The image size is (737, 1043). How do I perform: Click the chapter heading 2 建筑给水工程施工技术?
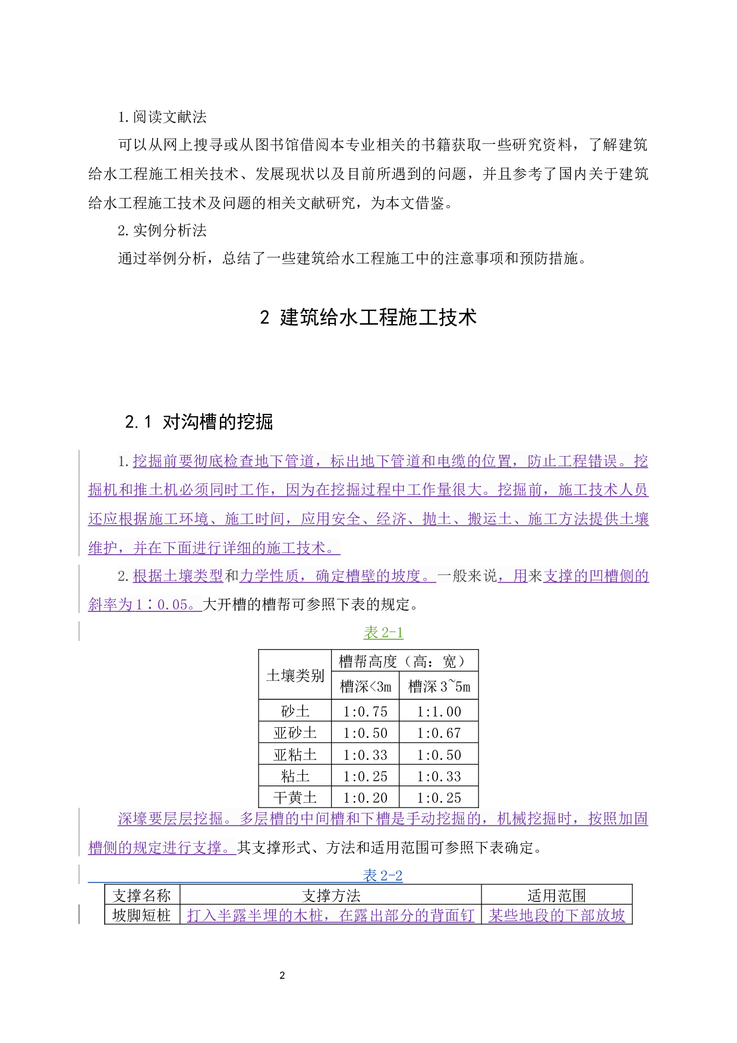(368, 318)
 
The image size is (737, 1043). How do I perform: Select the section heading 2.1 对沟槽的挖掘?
(199, 422)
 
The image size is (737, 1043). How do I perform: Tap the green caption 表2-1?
(383, 632)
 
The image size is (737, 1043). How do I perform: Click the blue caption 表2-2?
(383, 875)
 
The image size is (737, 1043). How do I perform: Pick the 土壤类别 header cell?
(295, 675)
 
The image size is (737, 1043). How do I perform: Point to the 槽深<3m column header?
(365, 687)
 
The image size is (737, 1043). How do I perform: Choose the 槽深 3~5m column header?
(439, 687)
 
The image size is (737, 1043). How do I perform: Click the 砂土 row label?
(295, 711)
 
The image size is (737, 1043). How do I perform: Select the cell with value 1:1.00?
(439, 711)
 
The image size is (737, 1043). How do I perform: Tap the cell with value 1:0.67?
(439, 733)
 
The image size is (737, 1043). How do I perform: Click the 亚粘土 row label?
(295, 755)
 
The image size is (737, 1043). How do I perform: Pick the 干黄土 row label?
(295, 797)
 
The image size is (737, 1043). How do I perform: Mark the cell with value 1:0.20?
(365, 797)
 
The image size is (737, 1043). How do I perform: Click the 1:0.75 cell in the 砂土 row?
(365, 711)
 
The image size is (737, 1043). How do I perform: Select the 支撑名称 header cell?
(142, 896)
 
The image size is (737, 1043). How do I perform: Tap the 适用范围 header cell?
(556, 896)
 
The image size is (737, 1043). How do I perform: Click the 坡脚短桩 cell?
(142, 915)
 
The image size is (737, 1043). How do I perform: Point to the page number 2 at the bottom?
(282, 975)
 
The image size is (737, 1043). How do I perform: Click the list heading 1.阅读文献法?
(162, 117)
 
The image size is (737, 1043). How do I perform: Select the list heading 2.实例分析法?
(162, 230)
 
